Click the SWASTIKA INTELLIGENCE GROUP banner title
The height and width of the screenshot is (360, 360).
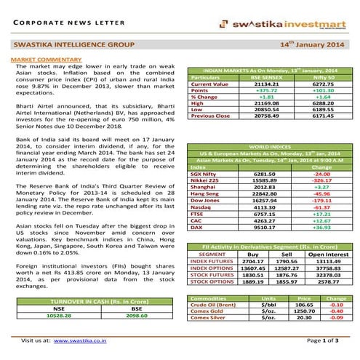[x=66, y=44]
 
